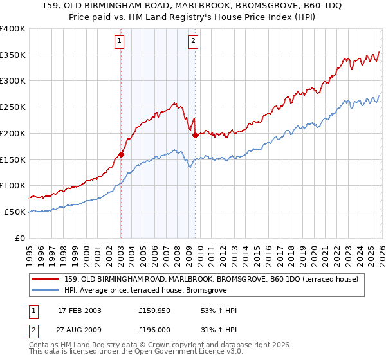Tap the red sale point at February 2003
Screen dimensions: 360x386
coord(121,154)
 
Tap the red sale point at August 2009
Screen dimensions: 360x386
coord(195,135)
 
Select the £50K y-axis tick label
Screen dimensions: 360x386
coord(15,212)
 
